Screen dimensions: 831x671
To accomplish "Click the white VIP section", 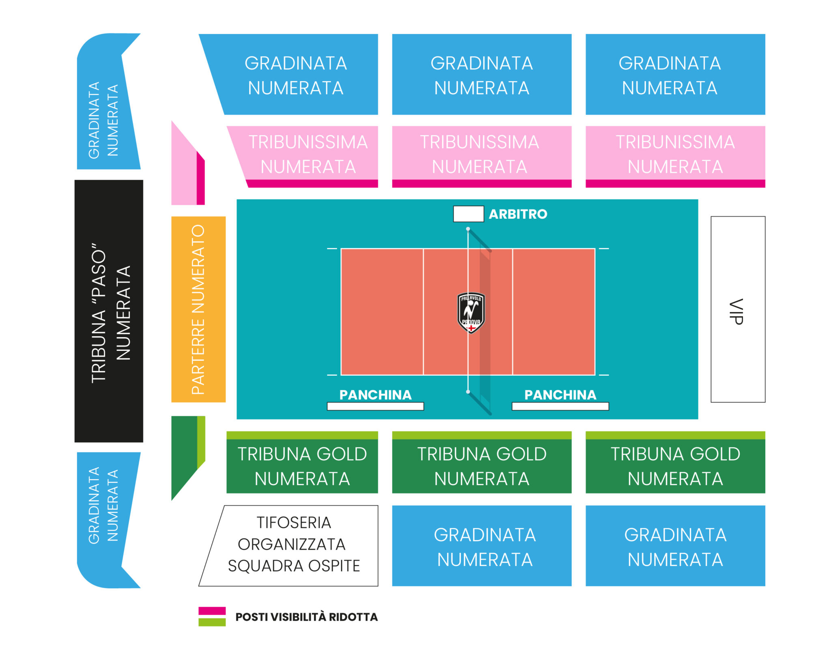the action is [738, 309].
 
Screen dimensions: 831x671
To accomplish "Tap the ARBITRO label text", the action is [518, 214].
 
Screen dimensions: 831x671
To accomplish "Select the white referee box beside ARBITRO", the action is [468, 214].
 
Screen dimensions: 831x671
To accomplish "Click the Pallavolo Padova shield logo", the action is [471, 313].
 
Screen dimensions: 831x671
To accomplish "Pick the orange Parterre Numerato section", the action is [198, 309].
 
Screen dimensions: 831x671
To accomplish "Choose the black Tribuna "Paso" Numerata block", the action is [109, 311].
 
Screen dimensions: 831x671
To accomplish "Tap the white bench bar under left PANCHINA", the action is [375, 406].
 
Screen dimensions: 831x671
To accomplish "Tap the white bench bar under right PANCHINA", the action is [560, 406].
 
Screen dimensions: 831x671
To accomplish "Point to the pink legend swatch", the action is [212, 611].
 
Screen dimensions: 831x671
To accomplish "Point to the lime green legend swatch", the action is [212, 622].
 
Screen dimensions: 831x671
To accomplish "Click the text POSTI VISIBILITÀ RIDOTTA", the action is [306, 617].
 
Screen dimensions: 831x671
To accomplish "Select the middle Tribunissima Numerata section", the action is [482, 157].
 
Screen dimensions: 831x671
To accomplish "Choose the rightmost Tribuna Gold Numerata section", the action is [675, 462].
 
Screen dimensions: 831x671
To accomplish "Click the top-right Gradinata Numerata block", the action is [675, 74].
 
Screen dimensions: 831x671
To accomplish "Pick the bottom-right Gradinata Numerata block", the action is [675, 546].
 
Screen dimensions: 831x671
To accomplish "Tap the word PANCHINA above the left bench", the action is [375, 395].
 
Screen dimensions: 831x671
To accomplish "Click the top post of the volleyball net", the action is [468, 229].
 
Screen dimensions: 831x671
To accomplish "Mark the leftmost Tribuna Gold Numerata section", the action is [302, 462].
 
